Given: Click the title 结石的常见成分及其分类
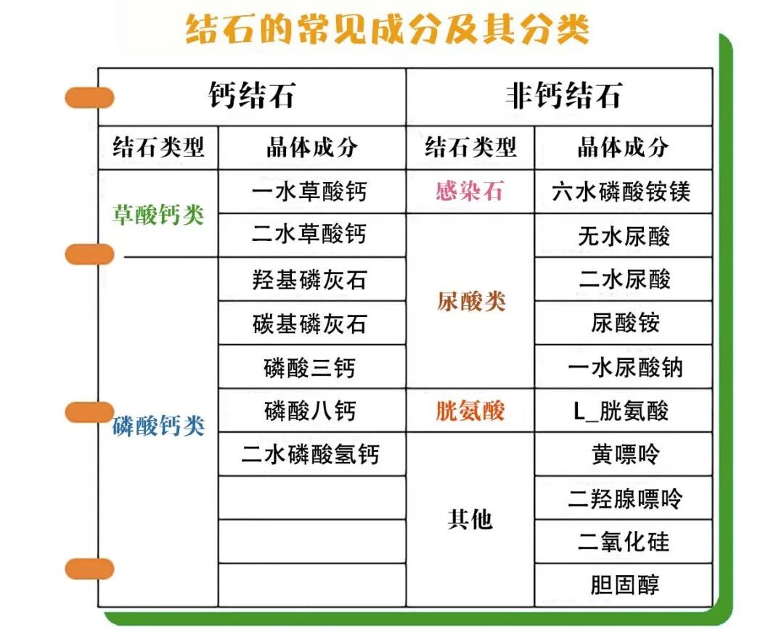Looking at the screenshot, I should pos(387,30).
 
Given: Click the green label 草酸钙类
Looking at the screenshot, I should pos(158,215).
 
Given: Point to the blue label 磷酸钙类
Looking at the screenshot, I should pos(158,426).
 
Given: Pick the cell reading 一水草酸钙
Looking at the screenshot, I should pos(310,192).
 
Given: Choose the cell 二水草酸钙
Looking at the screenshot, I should pos(310,234).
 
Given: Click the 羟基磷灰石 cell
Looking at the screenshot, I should pos(310,279).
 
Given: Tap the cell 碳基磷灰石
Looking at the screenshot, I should pos(310,323).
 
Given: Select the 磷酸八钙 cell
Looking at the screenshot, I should pos(310,411).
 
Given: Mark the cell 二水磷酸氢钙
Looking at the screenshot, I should pos(310,455).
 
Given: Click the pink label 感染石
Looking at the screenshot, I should pos(469,192).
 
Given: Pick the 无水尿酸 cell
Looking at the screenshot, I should pos(624,236).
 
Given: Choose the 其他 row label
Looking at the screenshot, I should pos(470,519).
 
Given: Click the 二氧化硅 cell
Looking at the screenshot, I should pos(624,542).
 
